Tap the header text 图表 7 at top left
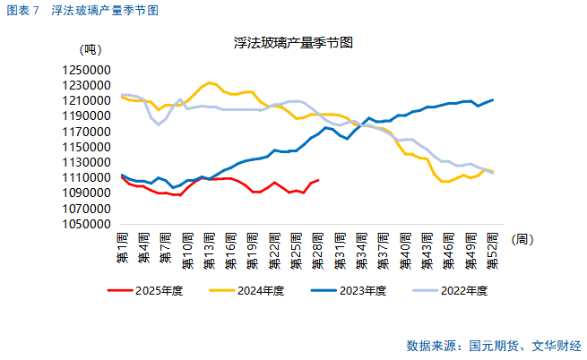click(x=22, y=10)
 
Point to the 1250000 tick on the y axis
click(x=87, y=69)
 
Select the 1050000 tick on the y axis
click(x=87, y=224)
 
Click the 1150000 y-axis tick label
click(x=87, y=147)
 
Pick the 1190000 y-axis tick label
click(x=87, y=116)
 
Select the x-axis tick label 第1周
click(x=122, y=246)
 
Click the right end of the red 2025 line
click(x=318, y=180)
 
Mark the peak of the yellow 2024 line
click(x=210, y=82)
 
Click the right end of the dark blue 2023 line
click(x=493, y=99)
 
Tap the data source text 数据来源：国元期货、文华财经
click(x=494, y=345)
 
